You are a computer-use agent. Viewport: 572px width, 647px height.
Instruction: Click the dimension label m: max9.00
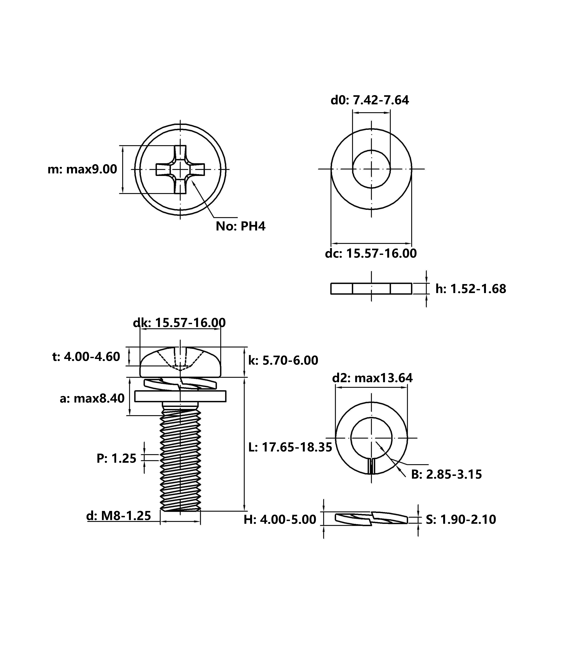[82, 169]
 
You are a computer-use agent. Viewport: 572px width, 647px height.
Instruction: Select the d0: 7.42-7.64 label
[370, 100]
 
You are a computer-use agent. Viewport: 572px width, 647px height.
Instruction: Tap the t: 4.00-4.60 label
[86, 357]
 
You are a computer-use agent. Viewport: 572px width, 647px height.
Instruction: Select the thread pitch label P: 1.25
[116, 458]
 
